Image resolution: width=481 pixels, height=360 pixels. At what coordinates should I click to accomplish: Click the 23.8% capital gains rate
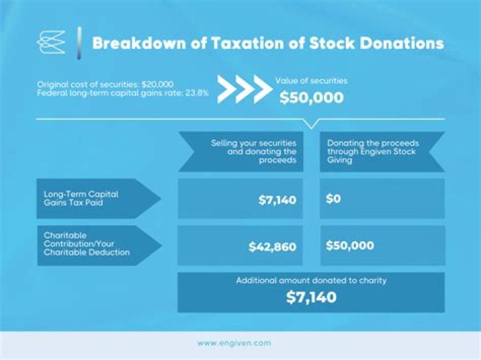coord(196,94)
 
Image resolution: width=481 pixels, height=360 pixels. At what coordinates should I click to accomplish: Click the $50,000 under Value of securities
coord(311,98)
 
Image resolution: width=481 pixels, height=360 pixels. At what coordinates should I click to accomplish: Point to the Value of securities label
coord(311,81)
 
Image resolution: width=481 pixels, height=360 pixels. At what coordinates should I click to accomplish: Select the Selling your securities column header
coord(253,152)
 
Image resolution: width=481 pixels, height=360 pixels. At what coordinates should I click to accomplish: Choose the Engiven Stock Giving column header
coord(371,152)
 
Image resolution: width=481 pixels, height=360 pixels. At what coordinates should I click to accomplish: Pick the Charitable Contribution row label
coord(87,244)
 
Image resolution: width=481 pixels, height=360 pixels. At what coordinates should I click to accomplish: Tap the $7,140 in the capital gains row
coord(277,200)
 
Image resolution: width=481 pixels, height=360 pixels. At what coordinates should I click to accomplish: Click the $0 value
coord(333,199)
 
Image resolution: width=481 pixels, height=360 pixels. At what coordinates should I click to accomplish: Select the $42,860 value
coord(273,246)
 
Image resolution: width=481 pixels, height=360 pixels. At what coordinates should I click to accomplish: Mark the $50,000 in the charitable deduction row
coord(350,246)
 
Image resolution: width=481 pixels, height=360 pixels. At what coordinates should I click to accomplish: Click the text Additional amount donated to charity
coord(311,281)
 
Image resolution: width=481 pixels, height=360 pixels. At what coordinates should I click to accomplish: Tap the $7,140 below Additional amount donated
coord(311,298)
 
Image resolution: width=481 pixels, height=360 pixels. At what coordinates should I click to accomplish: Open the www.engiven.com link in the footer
coord(234,343)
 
